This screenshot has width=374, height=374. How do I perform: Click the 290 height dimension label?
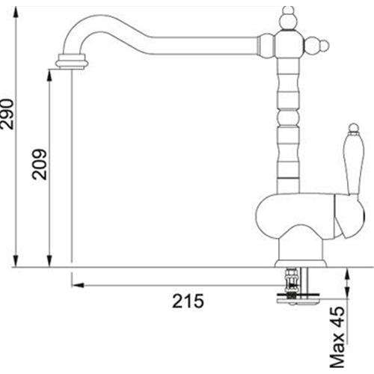tap(7, 114)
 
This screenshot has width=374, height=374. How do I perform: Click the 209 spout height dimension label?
tap(40, 165)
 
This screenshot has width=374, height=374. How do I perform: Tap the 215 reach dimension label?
tap(188, 301)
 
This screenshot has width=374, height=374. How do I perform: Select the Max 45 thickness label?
tap(337, 337)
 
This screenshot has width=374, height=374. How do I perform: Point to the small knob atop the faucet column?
tap(289, 17)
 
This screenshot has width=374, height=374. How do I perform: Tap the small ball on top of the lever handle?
tap(353, 127)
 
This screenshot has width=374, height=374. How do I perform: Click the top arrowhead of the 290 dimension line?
tap(16, 12)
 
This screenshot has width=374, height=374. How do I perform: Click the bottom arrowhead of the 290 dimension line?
tap(16, 261)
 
